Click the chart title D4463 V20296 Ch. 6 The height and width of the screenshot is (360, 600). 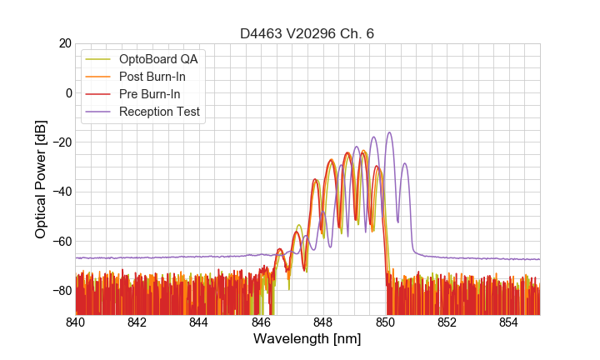click(307, 33)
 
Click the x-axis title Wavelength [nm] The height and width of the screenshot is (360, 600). click(307, 339)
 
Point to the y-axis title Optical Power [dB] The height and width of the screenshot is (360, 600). click(41, 179)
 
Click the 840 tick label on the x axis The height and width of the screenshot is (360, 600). click(76, 322)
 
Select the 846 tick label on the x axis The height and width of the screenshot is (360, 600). click(262, 322)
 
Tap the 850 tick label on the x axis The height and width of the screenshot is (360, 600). click(385, 322)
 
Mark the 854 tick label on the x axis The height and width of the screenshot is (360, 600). click(509, 322)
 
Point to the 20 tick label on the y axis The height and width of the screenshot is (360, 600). click(64, 43)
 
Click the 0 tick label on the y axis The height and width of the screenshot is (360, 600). click(67, 92)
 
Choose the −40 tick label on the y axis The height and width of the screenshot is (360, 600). click(60, 192)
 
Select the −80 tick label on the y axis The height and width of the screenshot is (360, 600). click(60, 291)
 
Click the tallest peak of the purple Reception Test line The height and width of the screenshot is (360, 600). click(388, 132)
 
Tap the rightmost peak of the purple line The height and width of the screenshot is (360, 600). click(405, 163)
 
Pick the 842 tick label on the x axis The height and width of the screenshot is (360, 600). click(137, 322)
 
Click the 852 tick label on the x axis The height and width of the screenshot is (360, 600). click(447, 322)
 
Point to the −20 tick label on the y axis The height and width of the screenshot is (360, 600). click(60, 142)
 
